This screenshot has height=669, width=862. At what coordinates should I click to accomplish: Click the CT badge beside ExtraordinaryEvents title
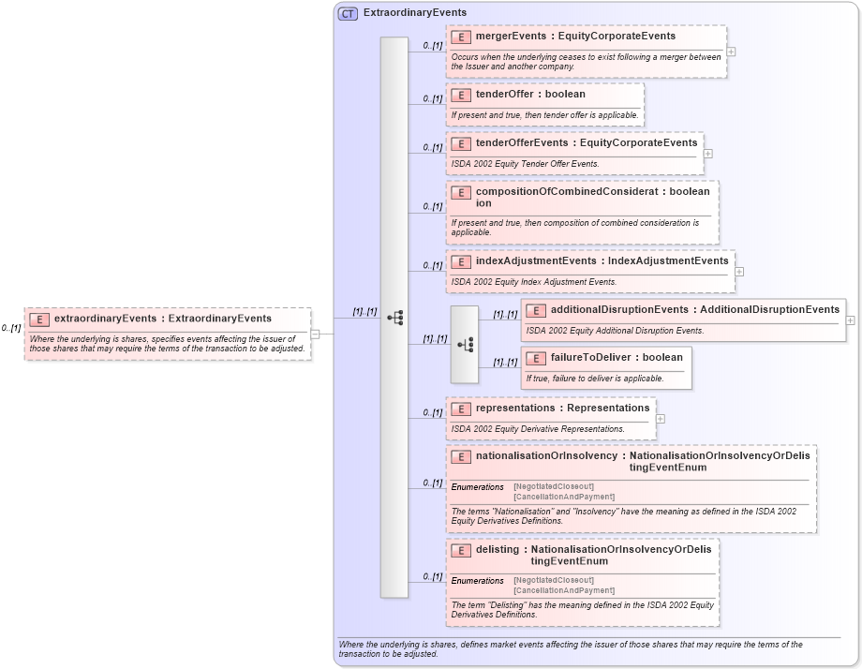[x=348, y=13]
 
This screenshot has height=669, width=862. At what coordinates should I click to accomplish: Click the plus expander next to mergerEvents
[x=731, y=52]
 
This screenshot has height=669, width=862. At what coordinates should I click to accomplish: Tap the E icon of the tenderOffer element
[x=460, y=95]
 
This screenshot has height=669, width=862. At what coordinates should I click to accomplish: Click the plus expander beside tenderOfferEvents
[x=708, y=154]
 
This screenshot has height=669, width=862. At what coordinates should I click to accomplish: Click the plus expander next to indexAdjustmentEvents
[x=739, y=272]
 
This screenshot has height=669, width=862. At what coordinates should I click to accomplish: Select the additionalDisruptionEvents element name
[x=618, y=310]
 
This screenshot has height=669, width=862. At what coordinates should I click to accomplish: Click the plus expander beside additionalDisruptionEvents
[x=850, y=320]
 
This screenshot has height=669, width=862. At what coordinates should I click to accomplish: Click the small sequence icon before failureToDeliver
[x=464, y=345]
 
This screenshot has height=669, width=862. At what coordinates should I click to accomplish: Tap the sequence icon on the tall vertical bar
[x=394, y=318]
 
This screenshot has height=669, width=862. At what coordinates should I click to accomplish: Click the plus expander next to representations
[x=661, y=419]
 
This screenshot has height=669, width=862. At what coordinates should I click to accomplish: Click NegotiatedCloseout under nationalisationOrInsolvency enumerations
[x=554, y=487]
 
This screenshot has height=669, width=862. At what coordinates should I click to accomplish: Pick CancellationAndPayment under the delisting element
[x=564, y=590]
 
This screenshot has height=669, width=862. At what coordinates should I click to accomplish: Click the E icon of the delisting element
[x=460, y=550]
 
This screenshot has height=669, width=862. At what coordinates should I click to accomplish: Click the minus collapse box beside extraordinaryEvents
[x=315, y=334]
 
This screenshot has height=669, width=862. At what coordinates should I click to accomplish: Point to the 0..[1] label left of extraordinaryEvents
[x=11, y=329]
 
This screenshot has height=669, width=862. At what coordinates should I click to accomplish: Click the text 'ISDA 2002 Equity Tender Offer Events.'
[x=525, y=164]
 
